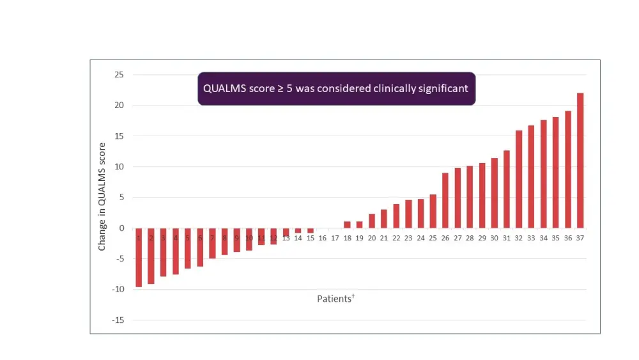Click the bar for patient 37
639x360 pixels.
(580, 160)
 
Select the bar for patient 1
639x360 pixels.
(139, 258)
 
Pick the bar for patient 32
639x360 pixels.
(519, 179)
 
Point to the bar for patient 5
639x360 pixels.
(188, 248)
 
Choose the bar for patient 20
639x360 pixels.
(372, 221)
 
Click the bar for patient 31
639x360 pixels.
(507, 189)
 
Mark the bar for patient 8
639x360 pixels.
(224, 242)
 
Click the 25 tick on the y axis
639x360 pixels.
(119, 75)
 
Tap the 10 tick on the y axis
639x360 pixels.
(119, 167)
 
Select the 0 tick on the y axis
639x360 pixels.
(121, 228)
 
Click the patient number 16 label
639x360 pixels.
(323, 238)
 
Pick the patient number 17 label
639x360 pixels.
(335, 238)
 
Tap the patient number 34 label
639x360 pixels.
(544, 238)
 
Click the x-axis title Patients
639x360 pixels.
(334, 299)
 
